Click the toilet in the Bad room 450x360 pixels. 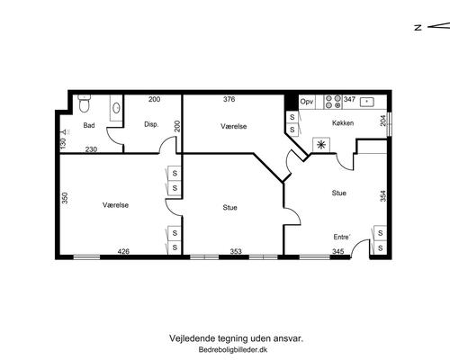[x=85, y=103]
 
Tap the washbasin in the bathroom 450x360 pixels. [x=116, y=108]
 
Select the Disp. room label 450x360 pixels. [x=151, y=124]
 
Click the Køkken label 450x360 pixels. [x=343, y=123]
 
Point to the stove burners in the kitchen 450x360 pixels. [x=334, y=102]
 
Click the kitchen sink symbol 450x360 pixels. [x=367, y=102]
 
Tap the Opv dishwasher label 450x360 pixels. [x=307, y=102]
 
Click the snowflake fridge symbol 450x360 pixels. [x=321, y=145]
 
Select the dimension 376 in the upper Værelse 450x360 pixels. [x=229, y=99]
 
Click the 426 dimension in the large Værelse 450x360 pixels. [x=123, y=251]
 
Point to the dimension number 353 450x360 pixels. [x=236, y=251]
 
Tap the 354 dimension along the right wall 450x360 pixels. [x=383, y=196]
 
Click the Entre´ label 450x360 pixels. [x=342, y=237]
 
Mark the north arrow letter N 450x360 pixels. [x=418, y=27]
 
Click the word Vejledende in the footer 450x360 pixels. [x=192, y=338]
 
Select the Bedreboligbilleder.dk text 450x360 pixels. [x=233, y=350]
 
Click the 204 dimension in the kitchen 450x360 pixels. [x=383, y=121]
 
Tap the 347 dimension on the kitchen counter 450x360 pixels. [x=349, y=99]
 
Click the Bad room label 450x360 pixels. [x=89, y=125]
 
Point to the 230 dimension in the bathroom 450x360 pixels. [x=91, y=149]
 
